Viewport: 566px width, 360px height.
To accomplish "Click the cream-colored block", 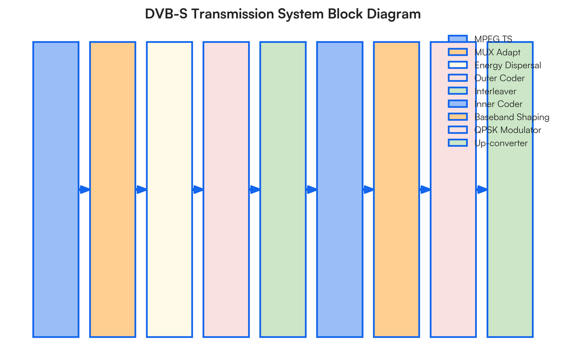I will point(169,189).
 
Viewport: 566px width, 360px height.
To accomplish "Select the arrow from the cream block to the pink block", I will point(198,189).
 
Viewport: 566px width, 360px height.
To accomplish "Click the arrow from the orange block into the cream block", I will point(141,189).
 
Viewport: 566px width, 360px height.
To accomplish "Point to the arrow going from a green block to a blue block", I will point(311,189).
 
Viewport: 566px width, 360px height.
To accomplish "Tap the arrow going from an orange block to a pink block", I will point(425,189).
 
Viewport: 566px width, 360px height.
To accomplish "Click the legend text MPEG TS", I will point(493,39).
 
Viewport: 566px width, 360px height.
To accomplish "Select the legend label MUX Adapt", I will point(498,52).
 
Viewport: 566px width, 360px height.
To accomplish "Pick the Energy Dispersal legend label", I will point(508,65).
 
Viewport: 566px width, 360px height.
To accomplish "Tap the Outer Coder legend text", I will point(499,78).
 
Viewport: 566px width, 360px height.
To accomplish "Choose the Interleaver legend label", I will point(495,91).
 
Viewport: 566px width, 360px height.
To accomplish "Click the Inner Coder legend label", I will point(499,104).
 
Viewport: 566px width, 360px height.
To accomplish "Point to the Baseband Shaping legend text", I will point(512,117).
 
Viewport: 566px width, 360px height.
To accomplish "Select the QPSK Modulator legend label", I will point(508,130).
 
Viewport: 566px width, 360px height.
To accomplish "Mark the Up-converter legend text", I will point(501,143).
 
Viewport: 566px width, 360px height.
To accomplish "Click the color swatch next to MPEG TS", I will point(458,39).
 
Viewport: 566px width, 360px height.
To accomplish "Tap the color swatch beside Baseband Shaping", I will point(458,117).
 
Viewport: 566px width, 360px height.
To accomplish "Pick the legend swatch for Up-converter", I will point(458,143).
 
